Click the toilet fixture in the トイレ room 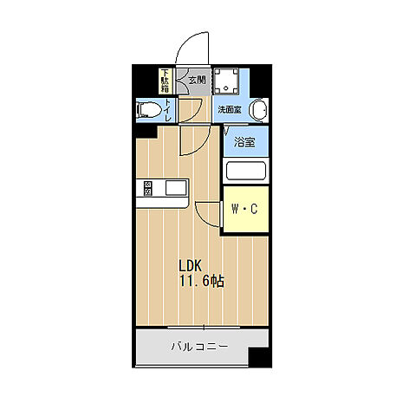151,110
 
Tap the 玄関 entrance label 196,81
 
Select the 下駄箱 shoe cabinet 165,81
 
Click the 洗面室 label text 230,110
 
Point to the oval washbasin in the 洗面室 258,110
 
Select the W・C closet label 244,209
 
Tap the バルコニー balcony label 198,348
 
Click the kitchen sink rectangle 174,188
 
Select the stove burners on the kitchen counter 148,188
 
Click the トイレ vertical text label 168,110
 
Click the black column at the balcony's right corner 258,354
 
